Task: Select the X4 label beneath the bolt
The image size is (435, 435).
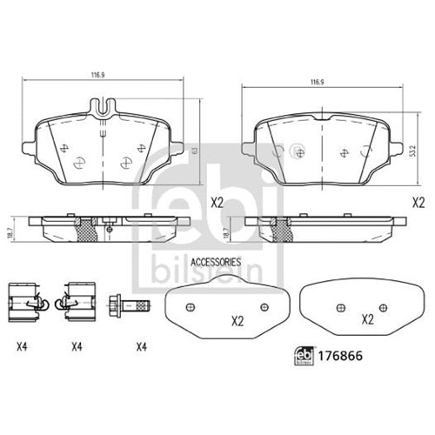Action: (x=140, y=347)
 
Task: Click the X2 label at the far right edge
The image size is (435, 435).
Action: (x=418, y=202)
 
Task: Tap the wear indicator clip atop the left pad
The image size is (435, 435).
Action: (x=102, y=107)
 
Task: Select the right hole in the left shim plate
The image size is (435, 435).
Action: (x=264, y=306)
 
